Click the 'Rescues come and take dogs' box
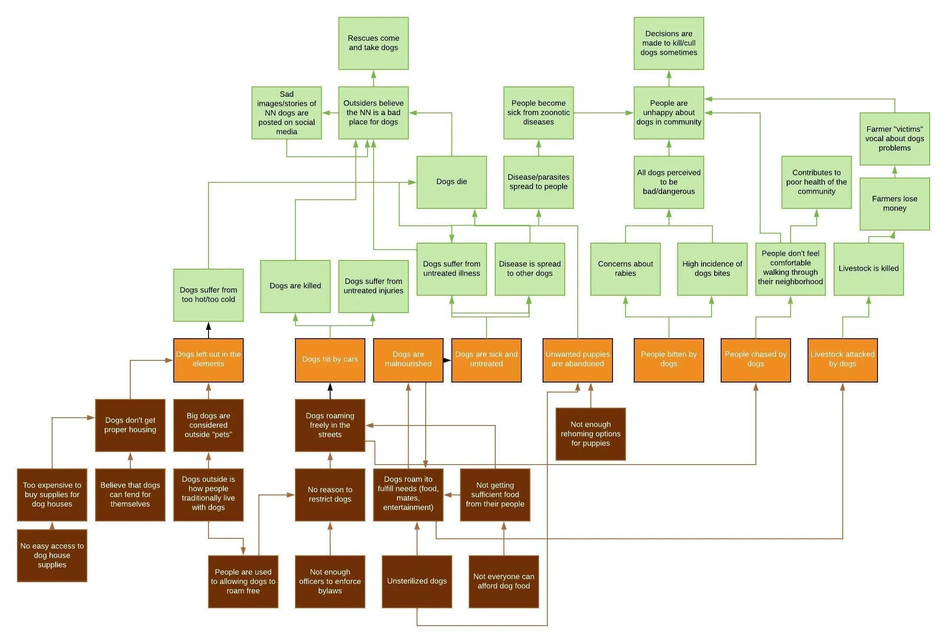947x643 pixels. tap(373, 43)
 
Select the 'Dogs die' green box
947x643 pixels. tap(451, 182)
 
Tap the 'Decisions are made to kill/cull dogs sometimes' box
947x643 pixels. tap(669, 43)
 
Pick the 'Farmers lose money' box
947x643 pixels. tap(894, 204)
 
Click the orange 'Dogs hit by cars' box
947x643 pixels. tap(330, 360)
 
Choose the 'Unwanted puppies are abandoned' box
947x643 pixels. tap(577, 360)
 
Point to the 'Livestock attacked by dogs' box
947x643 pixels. tap(842, 360)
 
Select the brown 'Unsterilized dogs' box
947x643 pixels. tap(417, 581)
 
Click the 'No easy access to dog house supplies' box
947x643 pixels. tap(52, 555)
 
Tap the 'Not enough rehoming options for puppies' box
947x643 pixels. tap(590, 434)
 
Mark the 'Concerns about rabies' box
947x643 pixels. tap(625, 269)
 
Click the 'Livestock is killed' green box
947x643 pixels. tap(868, 269)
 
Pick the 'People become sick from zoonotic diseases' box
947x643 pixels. tap(538, 112)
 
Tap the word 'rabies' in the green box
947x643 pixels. tap(625, 274)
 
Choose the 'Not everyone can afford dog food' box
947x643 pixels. tap(503, 581)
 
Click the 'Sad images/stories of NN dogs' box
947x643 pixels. tap(286, 112)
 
